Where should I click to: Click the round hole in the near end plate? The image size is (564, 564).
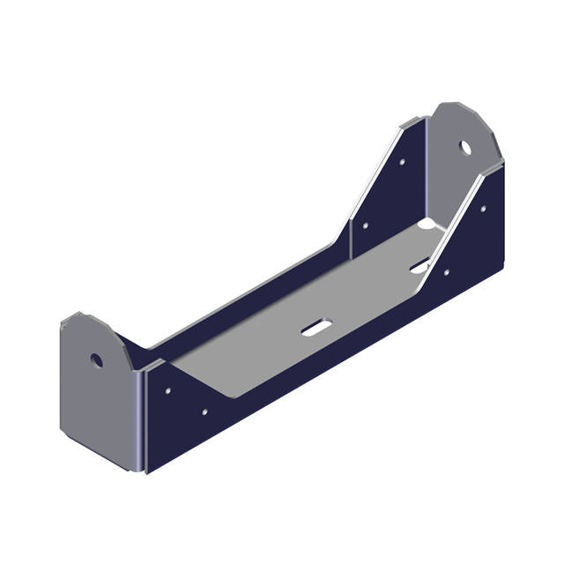(x=96, y=360)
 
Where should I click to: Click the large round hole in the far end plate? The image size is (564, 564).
(x=466, y=146)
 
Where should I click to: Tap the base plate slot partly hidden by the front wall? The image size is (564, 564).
(x=419, y=264)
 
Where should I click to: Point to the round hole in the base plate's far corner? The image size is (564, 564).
(x=427, y=226)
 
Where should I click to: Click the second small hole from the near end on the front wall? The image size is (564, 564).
(x=205, y=411)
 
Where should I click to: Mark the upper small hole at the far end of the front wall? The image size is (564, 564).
(x=482, y=209)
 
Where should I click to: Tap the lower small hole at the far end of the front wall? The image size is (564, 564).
(x=447, y=272)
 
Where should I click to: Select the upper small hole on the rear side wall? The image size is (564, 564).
(x=402, y=162)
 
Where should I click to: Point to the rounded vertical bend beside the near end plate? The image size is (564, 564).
(x=141, y=419)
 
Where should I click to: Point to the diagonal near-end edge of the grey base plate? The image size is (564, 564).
(x=203, y=379)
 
